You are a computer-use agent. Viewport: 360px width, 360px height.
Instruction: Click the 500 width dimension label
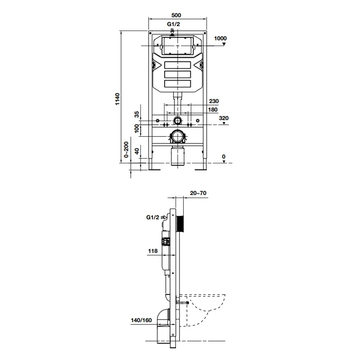point(176,15)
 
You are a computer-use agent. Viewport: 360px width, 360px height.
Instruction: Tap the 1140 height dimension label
point(117,99)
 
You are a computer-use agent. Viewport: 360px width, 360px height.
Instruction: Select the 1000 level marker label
point(220,38)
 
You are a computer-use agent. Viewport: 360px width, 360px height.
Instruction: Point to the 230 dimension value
point(214,101)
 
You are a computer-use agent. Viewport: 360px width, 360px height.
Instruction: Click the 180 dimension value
point(212,110)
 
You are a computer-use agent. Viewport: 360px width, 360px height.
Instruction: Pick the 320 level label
point(224,118)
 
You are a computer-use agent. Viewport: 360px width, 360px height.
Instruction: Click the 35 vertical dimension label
point(137,114)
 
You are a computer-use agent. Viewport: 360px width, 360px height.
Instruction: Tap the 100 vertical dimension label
point(137,129)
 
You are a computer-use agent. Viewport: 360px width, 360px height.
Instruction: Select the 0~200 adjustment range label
point(126,149)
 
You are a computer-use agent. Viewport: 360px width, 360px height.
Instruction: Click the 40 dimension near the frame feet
point(137,151)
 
